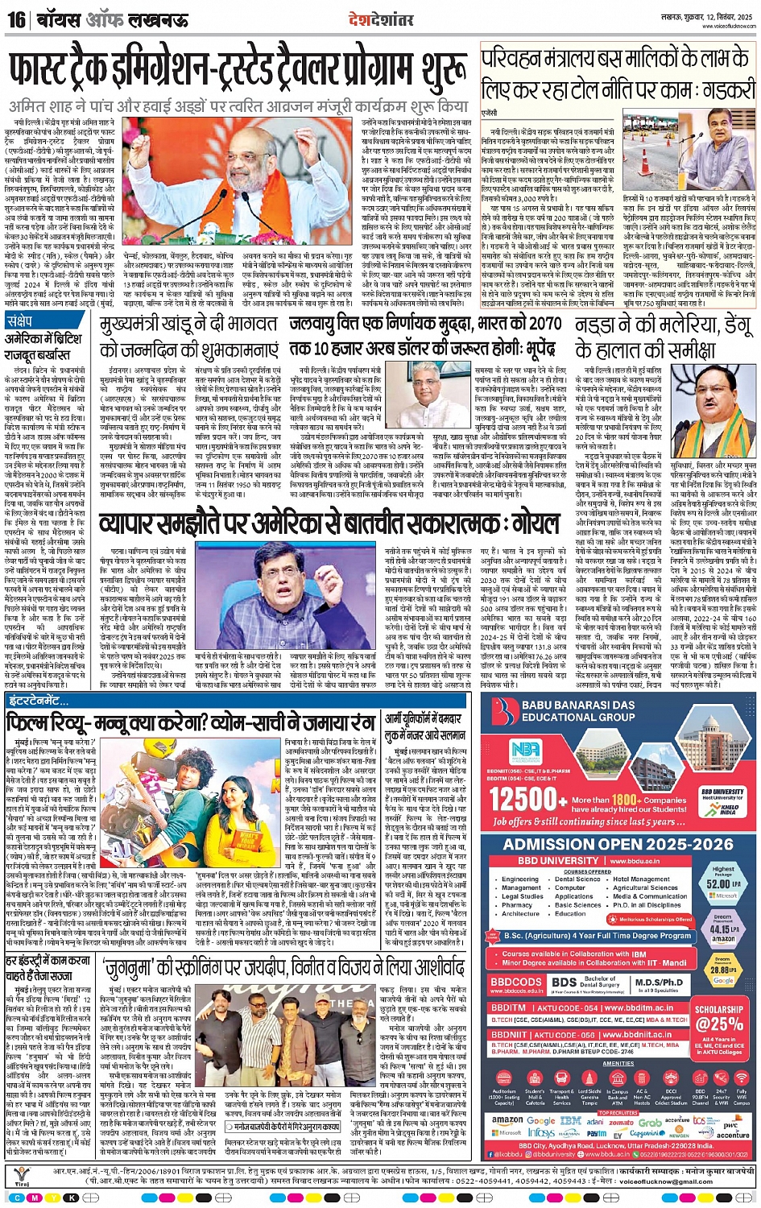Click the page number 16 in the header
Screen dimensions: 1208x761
(16, 19)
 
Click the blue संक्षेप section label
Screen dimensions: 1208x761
(19, 321)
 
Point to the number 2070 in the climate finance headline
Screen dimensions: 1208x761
(542, 325)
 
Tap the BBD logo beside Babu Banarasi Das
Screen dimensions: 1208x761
(505, 716)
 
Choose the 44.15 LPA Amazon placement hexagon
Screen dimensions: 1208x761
(723, 929)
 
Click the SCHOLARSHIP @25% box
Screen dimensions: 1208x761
(719, 1017)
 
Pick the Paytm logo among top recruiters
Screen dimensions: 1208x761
(596, 1133)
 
